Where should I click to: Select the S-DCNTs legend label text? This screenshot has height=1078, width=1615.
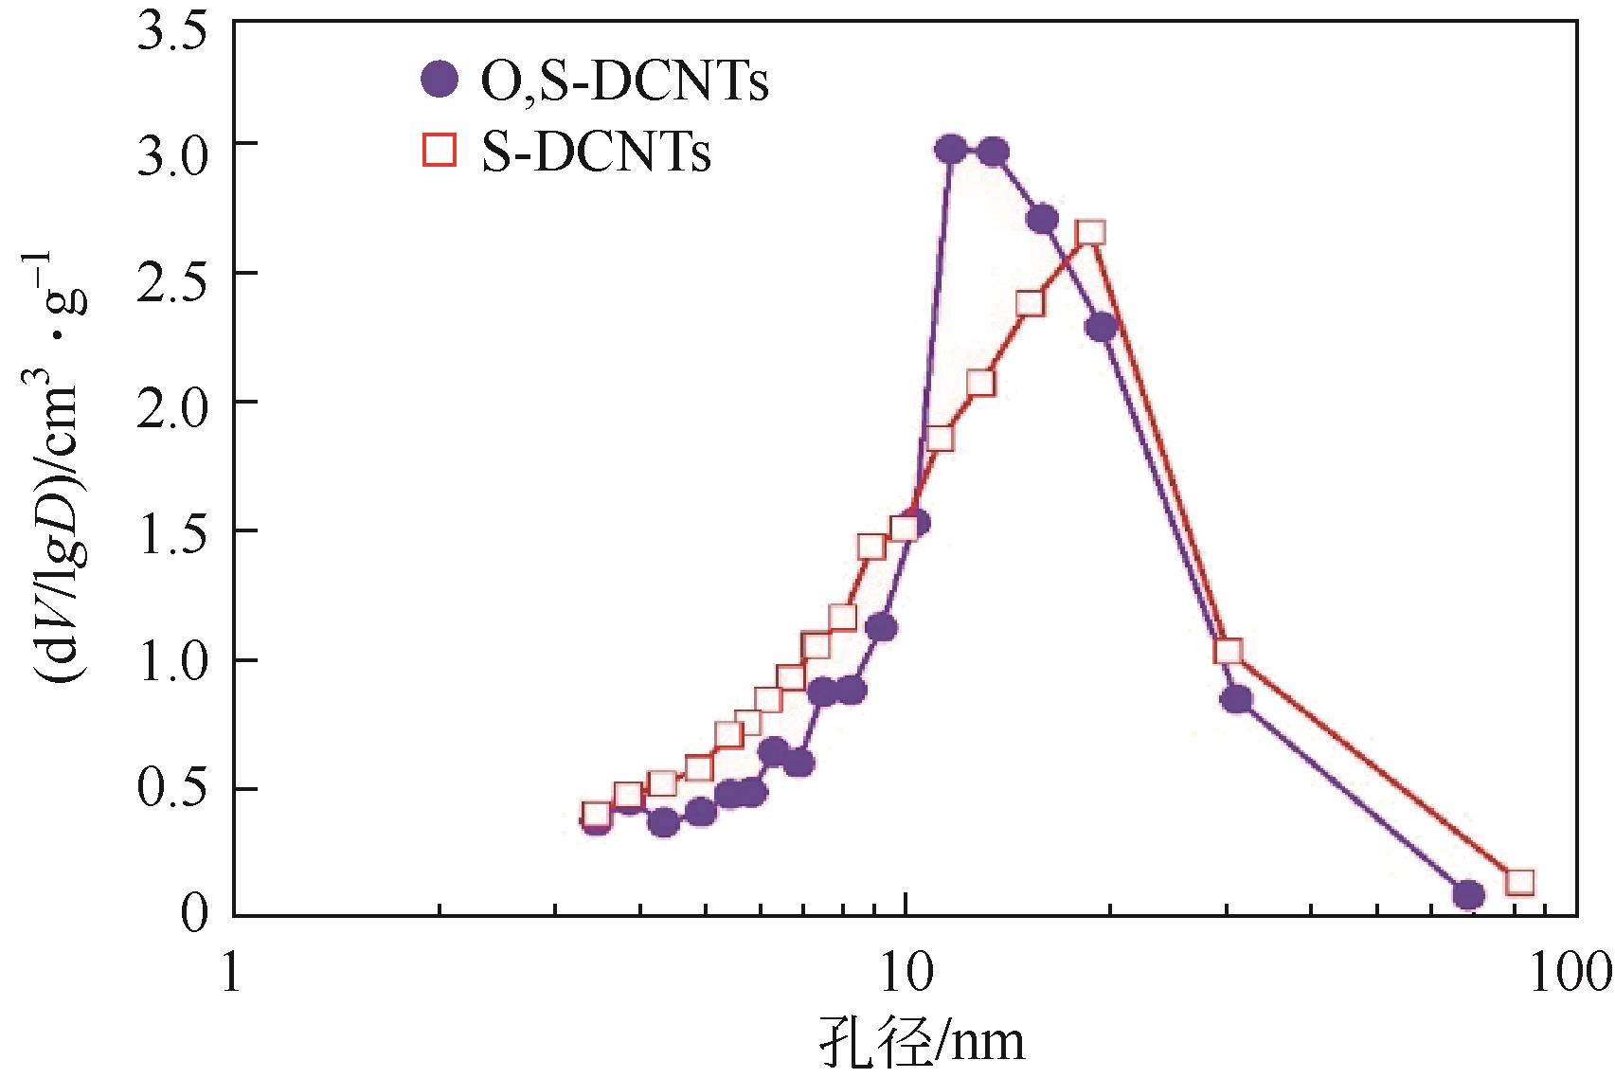(596, 153)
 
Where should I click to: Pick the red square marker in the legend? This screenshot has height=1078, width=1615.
(440, 151)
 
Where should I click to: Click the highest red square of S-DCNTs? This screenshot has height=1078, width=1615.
(1091, 233)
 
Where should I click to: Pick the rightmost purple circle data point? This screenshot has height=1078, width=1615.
(1468, 894)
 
